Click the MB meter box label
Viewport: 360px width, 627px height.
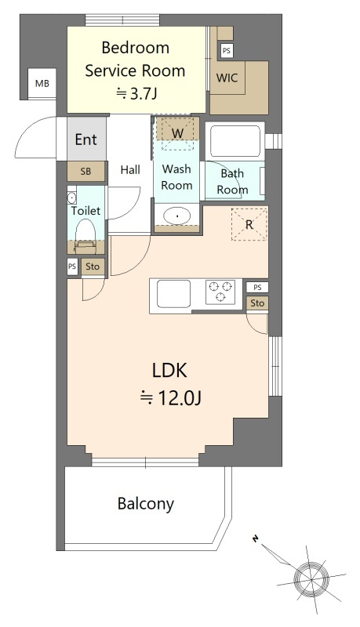coord(42,84)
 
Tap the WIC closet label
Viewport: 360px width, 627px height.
coord(227,78)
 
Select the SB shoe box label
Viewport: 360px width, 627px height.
coord(85,172)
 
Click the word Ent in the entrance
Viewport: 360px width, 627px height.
coord(86,140)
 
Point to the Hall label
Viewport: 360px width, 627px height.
coord(130,169)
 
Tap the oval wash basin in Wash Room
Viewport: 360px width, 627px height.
coord(176,216)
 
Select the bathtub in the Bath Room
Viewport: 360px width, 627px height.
coord(235,141)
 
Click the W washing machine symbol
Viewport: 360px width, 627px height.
coord(177,133)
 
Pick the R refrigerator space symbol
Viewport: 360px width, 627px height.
coord(249,224)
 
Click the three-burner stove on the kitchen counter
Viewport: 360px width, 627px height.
coord(220,292)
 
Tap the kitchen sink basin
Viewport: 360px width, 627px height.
coord(173,294)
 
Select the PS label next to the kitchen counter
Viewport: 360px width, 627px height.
coord(257,287)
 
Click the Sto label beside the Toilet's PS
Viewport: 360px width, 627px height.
coord(93,266)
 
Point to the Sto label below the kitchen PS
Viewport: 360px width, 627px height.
coord(257,303)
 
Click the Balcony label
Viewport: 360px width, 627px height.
coord(146,504)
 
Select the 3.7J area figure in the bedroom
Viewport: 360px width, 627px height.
coord(142,93)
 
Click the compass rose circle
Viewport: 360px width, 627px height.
coord(311,578)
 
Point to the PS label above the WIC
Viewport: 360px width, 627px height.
coord(227,51)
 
